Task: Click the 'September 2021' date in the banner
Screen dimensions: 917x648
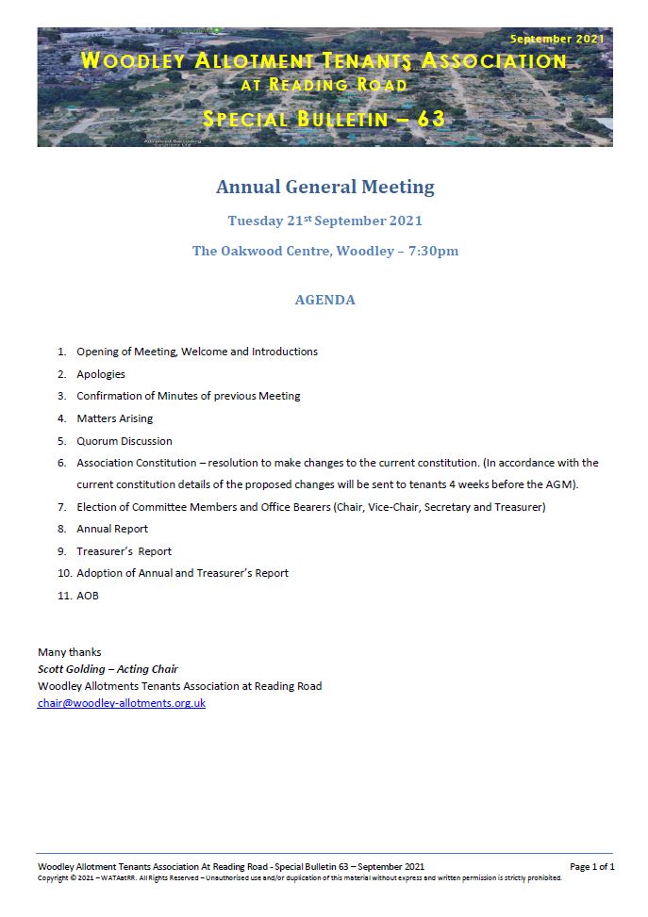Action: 556,40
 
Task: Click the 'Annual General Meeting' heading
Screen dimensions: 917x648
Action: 324,187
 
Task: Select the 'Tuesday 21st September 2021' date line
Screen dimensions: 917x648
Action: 324,221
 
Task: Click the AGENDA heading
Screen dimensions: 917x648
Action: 324,300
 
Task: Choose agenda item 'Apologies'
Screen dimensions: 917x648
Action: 101,374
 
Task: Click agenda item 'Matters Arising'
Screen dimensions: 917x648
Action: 114,418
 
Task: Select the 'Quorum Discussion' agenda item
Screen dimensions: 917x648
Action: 125,441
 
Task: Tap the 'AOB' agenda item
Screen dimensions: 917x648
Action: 88,596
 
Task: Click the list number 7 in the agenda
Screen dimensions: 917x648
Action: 61,507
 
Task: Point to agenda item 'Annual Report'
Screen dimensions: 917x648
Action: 112,529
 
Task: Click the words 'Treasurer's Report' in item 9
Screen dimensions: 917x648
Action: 124,551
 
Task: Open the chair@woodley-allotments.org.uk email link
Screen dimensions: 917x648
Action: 122,703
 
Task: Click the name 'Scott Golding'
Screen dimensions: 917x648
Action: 72,669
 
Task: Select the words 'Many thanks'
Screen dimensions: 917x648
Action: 69,652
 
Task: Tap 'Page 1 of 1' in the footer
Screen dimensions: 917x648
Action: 591,866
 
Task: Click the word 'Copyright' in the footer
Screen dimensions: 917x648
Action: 54,877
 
